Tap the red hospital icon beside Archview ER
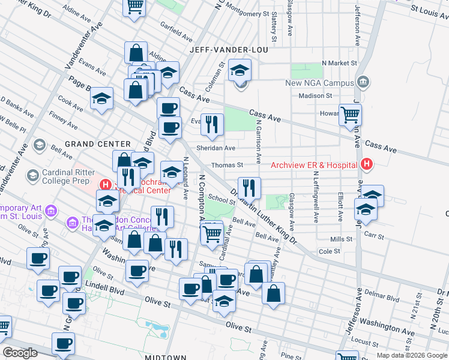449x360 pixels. (x=366, y=165)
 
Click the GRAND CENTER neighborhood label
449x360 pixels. (x=89, y=144)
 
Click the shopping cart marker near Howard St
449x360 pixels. (x=350, y=114)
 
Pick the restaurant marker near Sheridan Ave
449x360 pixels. (x=211, y=124)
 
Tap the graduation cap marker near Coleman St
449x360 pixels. (x=240, y=71)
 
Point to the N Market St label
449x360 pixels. (x=339, y=62)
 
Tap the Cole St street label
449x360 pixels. (x=330, y=251)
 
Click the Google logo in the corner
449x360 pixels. (x=20, y=353)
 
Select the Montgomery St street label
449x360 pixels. (x=247, y=13)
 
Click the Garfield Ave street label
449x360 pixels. (x=175, y=28)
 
